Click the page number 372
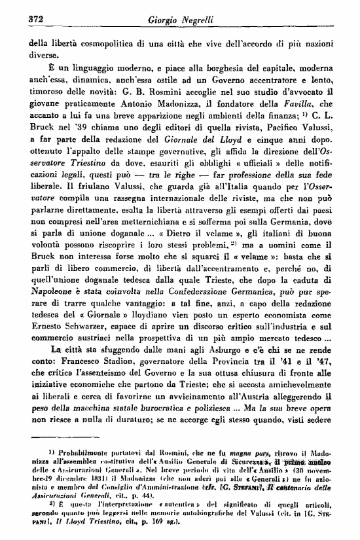[33, 18]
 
